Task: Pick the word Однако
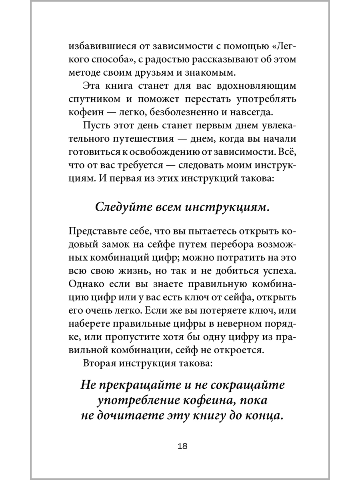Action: pyautogui.click(x=85, y=285)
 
